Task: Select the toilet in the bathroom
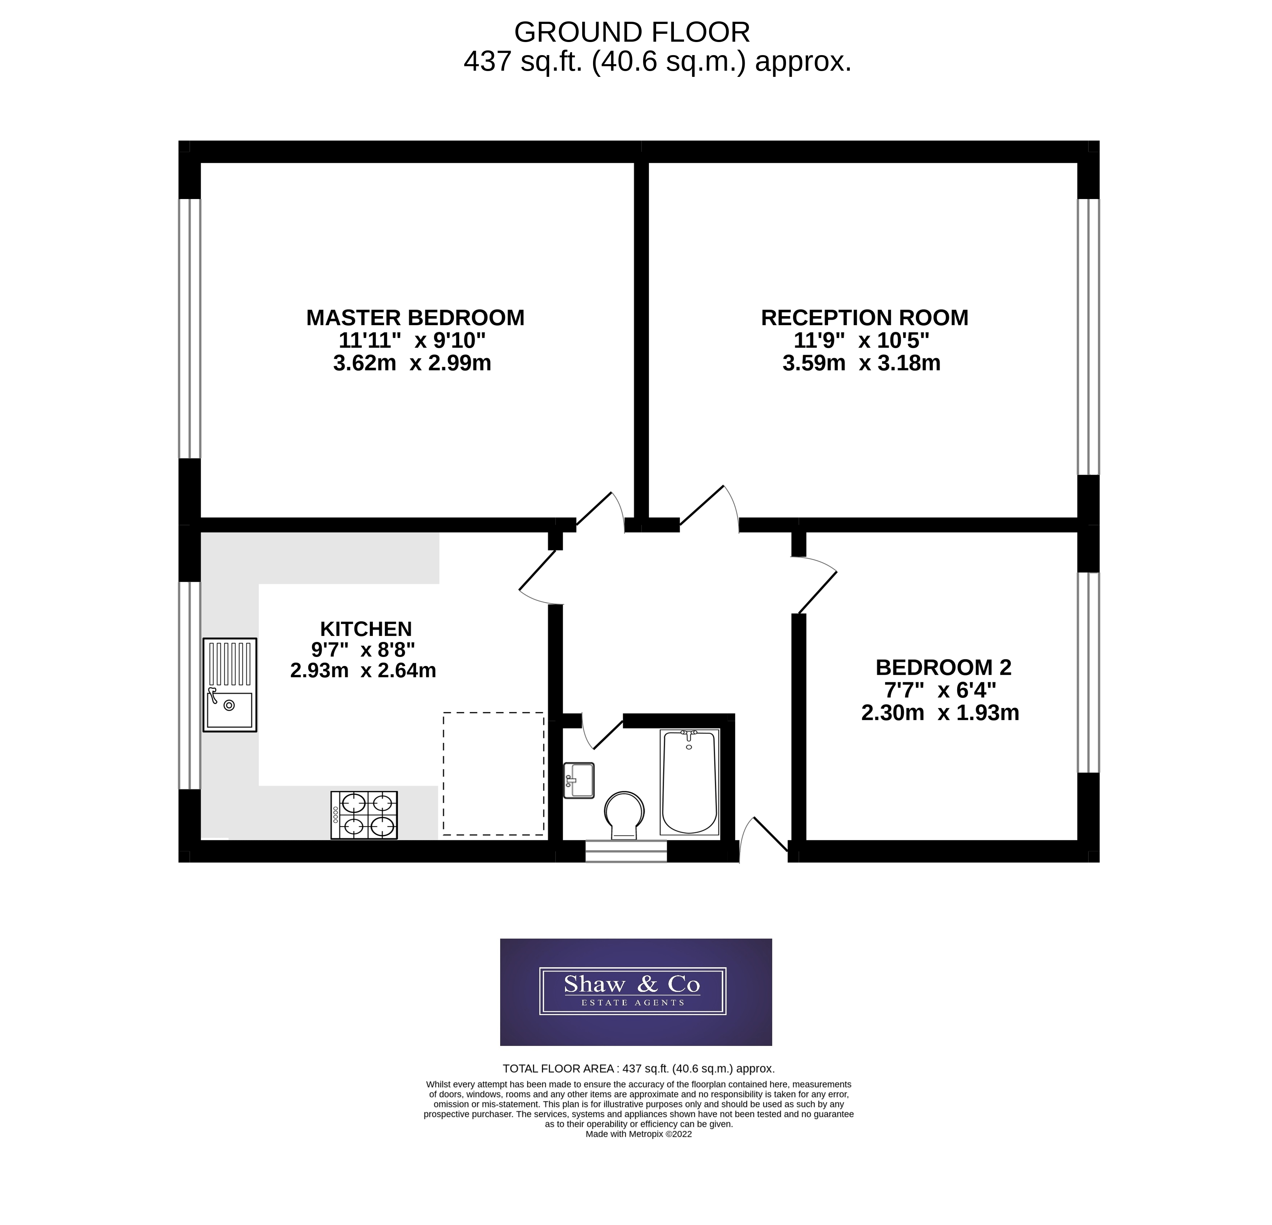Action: (x=624, y=814)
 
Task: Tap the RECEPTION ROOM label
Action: (x=864, y=318)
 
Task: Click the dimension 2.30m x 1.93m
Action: (x=940, y=713)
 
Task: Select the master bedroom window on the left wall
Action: (x=189, y=328)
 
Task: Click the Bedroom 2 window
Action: (x=1088, y=672)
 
